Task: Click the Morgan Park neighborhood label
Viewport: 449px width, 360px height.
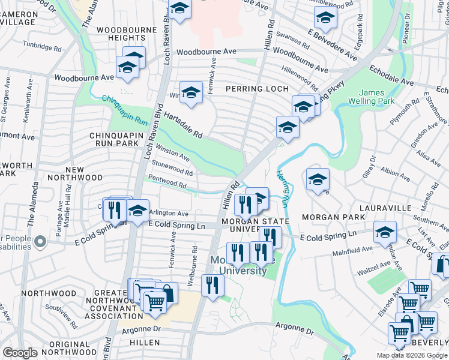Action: point(333,217)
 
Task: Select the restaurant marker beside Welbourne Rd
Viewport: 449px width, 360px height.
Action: point(212,285)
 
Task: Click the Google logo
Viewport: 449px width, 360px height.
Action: point(20,352)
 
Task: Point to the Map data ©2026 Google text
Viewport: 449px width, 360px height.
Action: point(412,355)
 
